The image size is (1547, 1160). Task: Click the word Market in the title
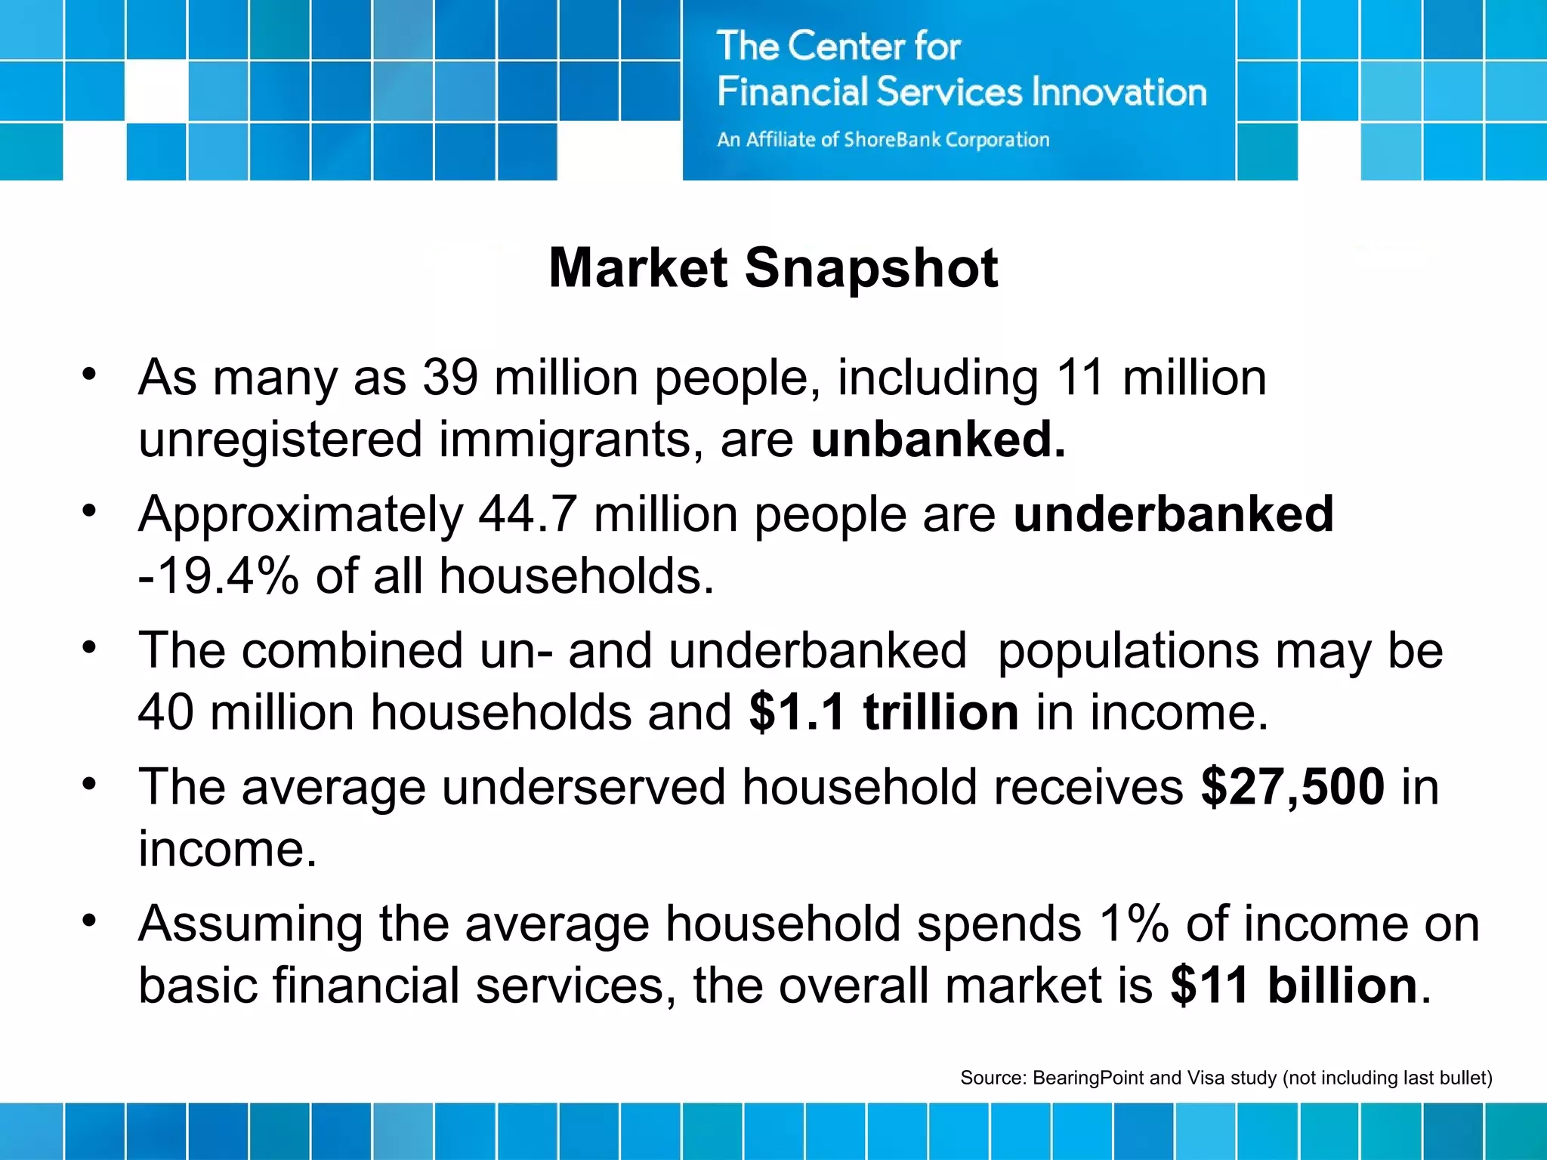click(x=638, y=268)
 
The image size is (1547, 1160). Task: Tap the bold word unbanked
click(x=937, y=439)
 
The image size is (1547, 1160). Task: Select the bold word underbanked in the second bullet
click(x=1173, y=514)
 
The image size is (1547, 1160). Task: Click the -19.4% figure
click(x=218, y=576)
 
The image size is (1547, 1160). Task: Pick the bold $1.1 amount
click(x=796, y=712)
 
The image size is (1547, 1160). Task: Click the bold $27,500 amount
click(x=1292, y=787)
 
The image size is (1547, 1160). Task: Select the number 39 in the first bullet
click(x=450, y=378)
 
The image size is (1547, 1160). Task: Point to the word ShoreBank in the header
click(x=892, y=140)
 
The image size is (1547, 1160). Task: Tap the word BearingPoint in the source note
click(x=1088, y=1078)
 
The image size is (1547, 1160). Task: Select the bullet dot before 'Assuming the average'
click(x=90, y=921)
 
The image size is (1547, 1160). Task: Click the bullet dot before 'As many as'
click(x=90, y=375)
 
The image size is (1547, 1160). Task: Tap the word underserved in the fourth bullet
click(x=584, y=787)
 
